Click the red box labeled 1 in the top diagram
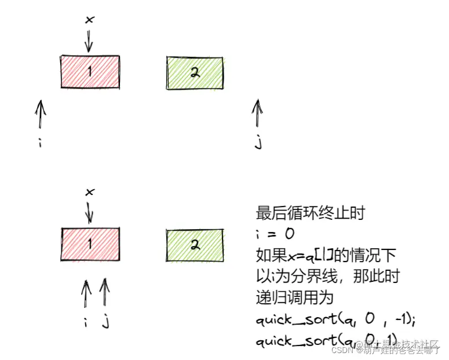click(x=90, y=71)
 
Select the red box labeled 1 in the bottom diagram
click(x=90, y=244)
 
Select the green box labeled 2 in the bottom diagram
click(x=195, y=245)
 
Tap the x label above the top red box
click(x=89, y=20)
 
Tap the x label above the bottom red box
click(x=89, y=192)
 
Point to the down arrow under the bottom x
click(x=89, y=212)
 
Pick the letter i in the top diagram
click(x=39, y=142)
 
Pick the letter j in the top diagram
click(x=258, y=142)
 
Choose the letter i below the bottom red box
click(x=86, y=322)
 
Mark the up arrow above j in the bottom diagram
click(x=104, y=292)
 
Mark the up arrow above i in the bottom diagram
click(x=86, y=294)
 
